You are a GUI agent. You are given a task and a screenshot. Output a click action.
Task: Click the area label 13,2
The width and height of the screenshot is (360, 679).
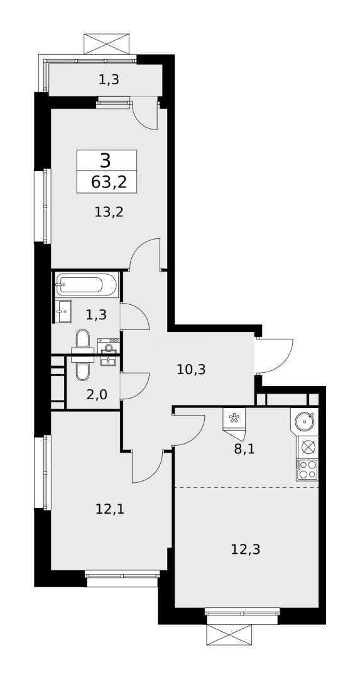[x=109, y=212]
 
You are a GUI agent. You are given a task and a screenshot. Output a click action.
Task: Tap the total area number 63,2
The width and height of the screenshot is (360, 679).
[x=108, y=182]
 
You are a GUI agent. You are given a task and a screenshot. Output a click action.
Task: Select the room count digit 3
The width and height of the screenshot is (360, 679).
[x=105, y=160]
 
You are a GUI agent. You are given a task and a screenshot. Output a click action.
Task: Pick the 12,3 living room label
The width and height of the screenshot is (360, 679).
[x=245, y=549]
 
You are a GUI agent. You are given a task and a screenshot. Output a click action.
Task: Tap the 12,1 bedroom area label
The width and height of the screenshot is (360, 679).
[x=110, y=509]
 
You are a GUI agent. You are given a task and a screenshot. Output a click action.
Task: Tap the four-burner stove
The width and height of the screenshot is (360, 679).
[x=308, y=469]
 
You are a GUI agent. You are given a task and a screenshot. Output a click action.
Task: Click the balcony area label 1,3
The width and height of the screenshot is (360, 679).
[x=109, y=79]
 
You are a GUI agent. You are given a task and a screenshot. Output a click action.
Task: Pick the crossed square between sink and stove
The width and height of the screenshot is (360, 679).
[x=308, y=447]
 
